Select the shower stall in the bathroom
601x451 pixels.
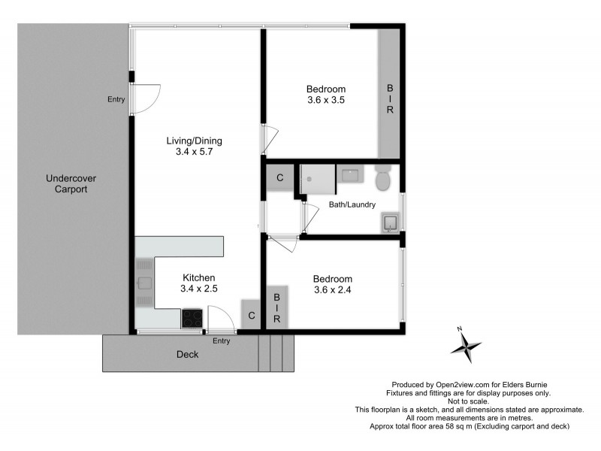(x=317, y=179)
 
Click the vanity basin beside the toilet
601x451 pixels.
(x=351, y=176)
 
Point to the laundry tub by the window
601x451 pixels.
(x=390, y=222)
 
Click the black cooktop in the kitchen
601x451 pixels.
(x=192, y=319)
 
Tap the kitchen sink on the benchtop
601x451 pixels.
(x=144, y=283)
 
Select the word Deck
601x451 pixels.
(x=187, y=355)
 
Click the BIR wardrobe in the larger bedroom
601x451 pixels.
(x=389, y=99)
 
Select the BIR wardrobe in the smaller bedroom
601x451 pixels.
(x=276, y=308)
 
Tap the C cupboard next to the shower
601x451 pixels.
(x=279, y=179)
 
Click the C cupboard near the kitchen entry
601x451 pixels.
(x=250, y=315)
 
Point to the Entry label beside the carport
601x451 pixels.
(x=116, y=99)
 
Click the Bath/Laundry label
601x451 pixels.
(x=352, y=204)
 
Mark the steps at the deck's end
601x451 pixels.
(x=275, y=353)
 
